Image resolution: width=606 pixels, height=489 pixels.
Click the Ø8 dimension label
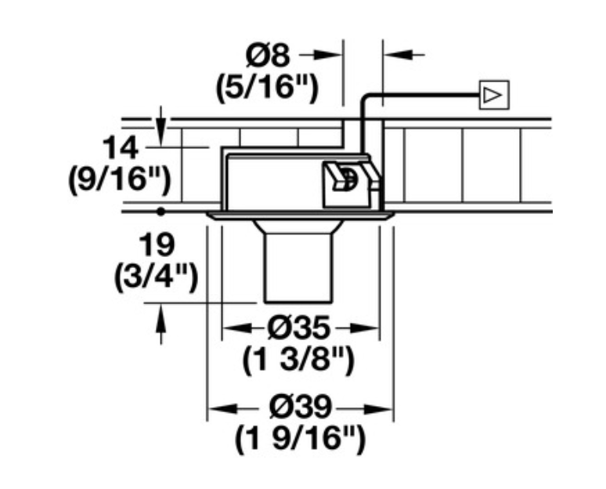(x=268, y=56)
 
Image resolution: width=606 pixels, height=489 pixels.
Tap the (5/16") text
(x=267, y=89)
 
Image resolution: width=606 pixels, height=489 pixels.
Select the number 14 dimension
(x=121, y=148)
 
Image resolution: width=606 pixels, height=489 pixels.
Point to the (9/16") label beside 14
(x=119, y=179)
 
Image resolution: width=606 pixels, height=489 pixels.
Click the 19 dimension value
(x=157, y=244)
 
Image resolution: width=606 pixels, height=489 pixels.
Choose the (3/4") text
(x=156, y=277)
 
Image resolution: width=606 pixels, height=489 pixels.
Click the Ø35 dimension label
(x=300, y=328)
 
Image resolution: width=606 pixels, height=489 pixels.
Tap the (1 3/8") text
(x=298, y=360)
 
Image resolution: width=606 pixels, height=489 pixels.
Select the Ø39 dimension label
(x=301, y=407)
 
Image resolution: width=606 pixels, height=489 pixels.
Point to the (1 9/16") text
(x=300, y=440)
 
